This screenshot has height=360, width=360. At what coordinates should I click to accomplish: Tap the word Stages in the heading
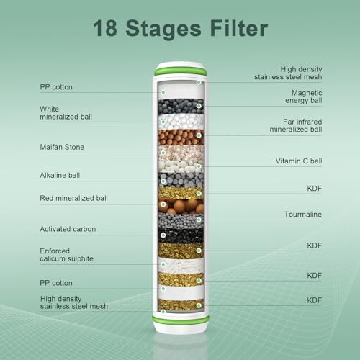click(166, 30)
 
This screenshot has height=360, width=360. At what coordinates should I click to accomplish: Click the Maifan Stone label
click(62, 147)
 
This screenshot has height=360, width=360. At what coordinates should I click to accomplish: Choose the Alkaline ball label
click(60, 175)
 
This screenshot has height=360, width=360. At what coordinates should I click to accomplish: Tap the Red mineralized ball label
click(73, 197)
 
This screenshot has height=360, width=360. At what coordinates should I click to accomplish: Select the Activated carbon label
click(68, 229)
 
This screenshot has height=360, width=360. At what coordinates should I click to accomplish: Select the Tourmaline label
click(303, 215)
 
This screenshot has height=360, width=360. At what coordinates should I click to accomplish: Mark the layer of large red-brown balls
click(180, 206)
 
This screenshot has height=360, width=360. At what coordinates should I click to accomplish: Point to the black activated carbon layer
click(180, 235)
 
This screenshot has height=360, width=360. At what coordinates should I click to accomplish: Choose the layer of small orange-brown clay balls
click(180, 136)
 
